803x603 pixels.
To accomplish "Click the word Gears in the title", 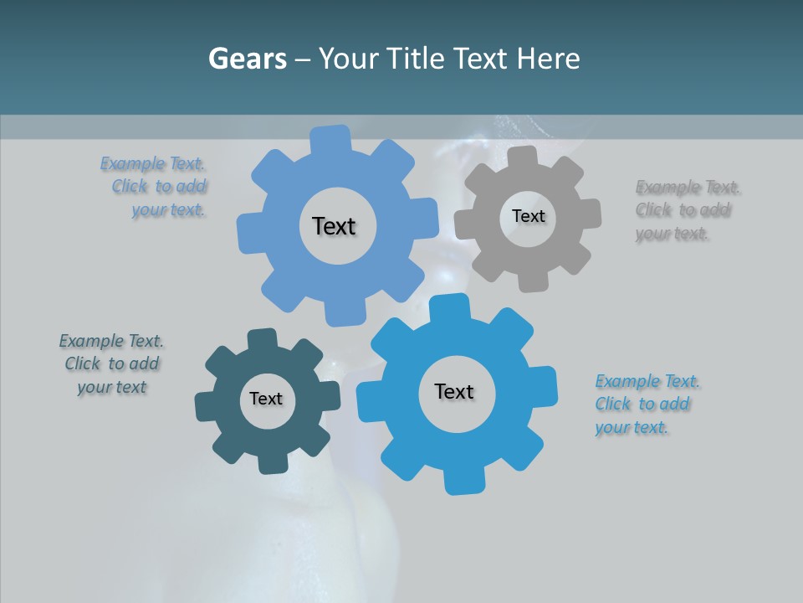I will (247, 59).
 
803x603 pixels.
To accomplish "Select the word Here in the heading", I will (548, 59).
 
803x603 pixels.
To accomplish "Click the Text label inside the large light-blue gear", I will (334, 226).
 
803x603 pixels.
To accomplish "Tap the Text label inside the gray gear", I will (528, 216).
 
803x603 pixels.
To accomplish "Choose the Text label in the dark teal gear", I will (266, 399).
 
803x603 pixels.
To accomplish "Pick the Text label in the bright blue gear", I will (454, 391).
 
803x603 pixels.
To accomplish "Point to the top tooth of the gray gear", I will (523, 158).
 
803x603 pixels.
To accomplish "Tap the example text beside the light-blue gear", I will (155, 186).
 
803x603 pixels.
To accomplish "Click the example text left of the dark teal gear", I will (111, 363).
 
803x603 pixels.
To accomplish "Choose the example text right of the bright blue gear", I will (646, 404).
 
